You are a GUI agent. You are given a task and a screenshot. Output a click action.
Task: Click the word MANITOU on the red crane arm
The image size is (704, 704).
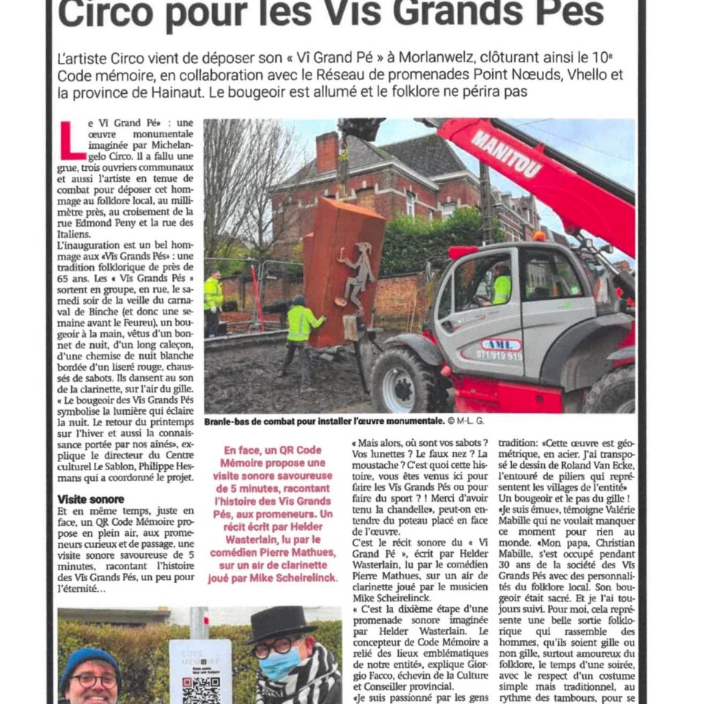coord(507,154)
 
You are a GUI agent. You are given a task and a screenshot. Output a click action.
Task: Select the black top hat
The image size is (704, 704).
coord(281,623)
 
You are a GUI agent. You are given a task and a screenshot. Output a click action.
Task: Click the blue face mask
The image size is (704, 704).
coord(279,663)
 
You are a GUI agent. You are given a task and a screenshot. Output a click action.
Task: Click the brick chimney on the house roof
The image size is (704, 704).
coord(326,151)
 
